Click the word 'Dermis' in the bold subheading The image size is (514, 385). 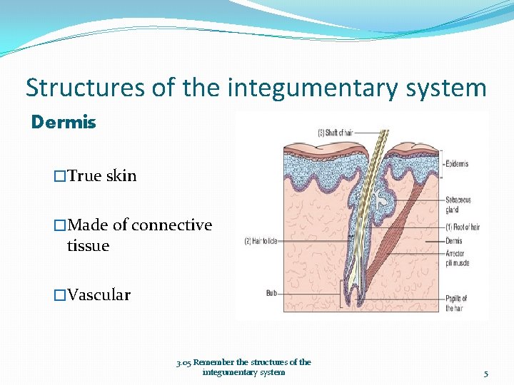pyautogui.click(x=64, y=123)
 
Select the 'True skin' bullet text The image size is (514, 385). pyautogui.click(x=101, y=176)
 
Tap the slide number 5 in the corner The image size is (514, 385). pyautogui.click(x=485, y=373)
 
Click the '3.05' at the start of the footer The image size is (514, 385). pyautogui.click(x=184, y=362)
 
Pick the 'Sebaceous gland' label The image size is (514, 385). pyautogui.click(x=458, y=205)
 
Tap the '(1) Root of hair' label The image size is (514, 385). pyautogui.click(x=463, y=227)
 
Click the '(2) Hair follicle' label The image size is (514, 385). pyautogui.click(x=265, y=242)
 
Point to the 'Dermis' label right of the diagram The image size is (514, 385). pyautogui.click(x=454, y=241)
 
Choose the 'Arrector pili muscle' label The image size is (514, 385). pyautogui.click(x=457, y=258)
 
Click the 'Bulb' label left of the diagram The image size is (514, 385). pyautogui.click(x=272, y=292)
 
